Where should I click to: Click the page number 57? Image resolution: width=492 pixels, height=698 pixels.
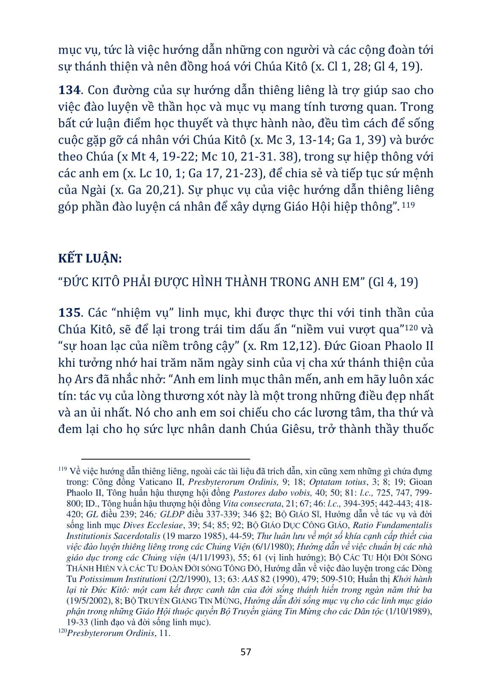tap(246, 652)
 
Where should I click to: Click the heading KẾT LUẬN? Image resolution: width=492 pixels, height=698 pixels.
tap(89, 258)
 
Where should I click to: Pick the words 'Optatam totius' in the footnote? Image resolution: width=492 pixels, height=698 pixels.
tap(337, 482)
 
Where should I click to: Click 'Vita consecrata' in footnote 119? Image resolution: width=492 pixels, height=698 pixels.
tap(251, 503)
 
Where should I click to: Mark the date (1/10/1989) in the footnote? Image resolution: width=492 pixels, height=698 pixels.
tap(408, 611)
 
